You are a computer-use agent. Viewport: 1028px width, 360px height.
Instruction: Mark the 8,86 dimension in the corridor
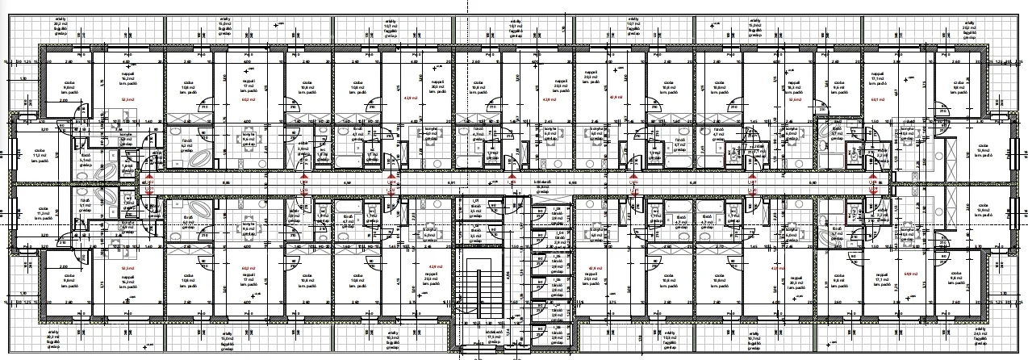[226, 183]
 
